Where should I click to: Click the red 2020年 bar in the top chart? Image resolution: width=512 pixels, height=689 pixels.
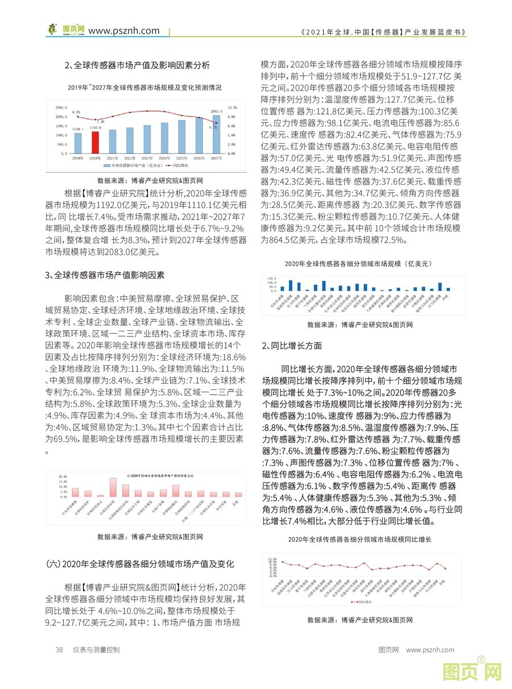pos(96,143)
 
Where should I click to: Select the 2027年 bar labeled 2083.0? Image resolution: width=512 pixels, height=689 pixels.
pos(217,135)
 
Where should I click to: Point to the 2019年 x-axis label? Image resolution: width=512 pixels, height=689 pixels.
pos(78,157)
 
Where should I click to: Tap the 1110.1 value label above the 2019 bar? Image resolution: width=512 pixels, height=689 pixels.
pos(78,130)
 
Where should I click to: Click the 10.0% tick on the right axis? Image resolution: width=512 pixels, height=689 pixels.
pos(232,107)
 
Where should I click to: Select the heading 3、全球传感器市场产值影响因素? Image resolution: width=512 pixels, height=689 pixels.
pos(105,276)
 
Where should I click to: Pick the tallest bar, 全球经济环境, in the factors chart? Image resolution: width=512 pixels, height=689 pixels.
pos(113,487)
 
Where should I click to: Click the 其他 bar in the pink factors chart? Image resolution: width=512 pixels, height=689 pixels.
pos(238,495)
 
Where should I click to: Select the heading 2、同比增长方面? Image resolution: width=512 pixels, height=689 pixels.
pos(292,346)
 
